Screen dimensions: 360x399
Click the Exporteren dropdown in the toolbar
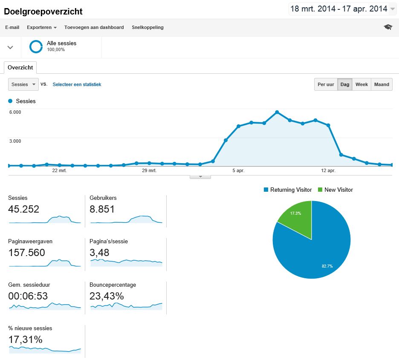pos(41,27)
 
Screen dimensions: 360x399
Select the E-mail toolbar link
pos(12,27)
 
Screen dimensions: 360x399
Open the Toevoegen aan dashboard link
pos(94,27)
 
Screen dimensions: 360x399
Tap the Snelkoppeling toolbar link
pos(147,27)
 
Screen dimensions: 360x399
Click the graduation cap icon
pos(387,27)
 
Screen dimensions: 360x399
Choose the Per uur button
pos(326,84)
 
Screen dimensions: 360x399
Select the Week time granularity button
pos(361,84)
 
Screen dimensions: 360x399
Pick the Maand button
pos(382,84)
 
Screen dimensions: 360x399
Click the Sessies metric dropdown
pos(23,84)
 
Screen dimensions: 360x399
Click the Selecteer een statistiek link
pos(77,84)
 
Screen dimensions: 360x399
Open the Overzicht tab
pos(20,68)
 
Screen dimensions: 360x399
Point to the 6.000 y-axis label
pos(15,112)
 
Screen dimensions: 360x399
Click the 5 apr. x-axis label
pos(238,171)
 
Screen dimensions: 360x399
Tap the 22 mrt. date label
pos(59,171)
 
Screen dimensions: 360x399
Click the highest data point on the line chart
pos(277,112)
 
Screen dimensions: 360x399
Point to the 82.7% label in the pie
pos(327,266)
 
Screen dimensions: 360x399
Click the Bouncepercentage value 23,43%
pos(107,296)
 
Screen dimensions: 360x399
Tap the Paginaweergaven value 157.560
pos(26,253)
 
